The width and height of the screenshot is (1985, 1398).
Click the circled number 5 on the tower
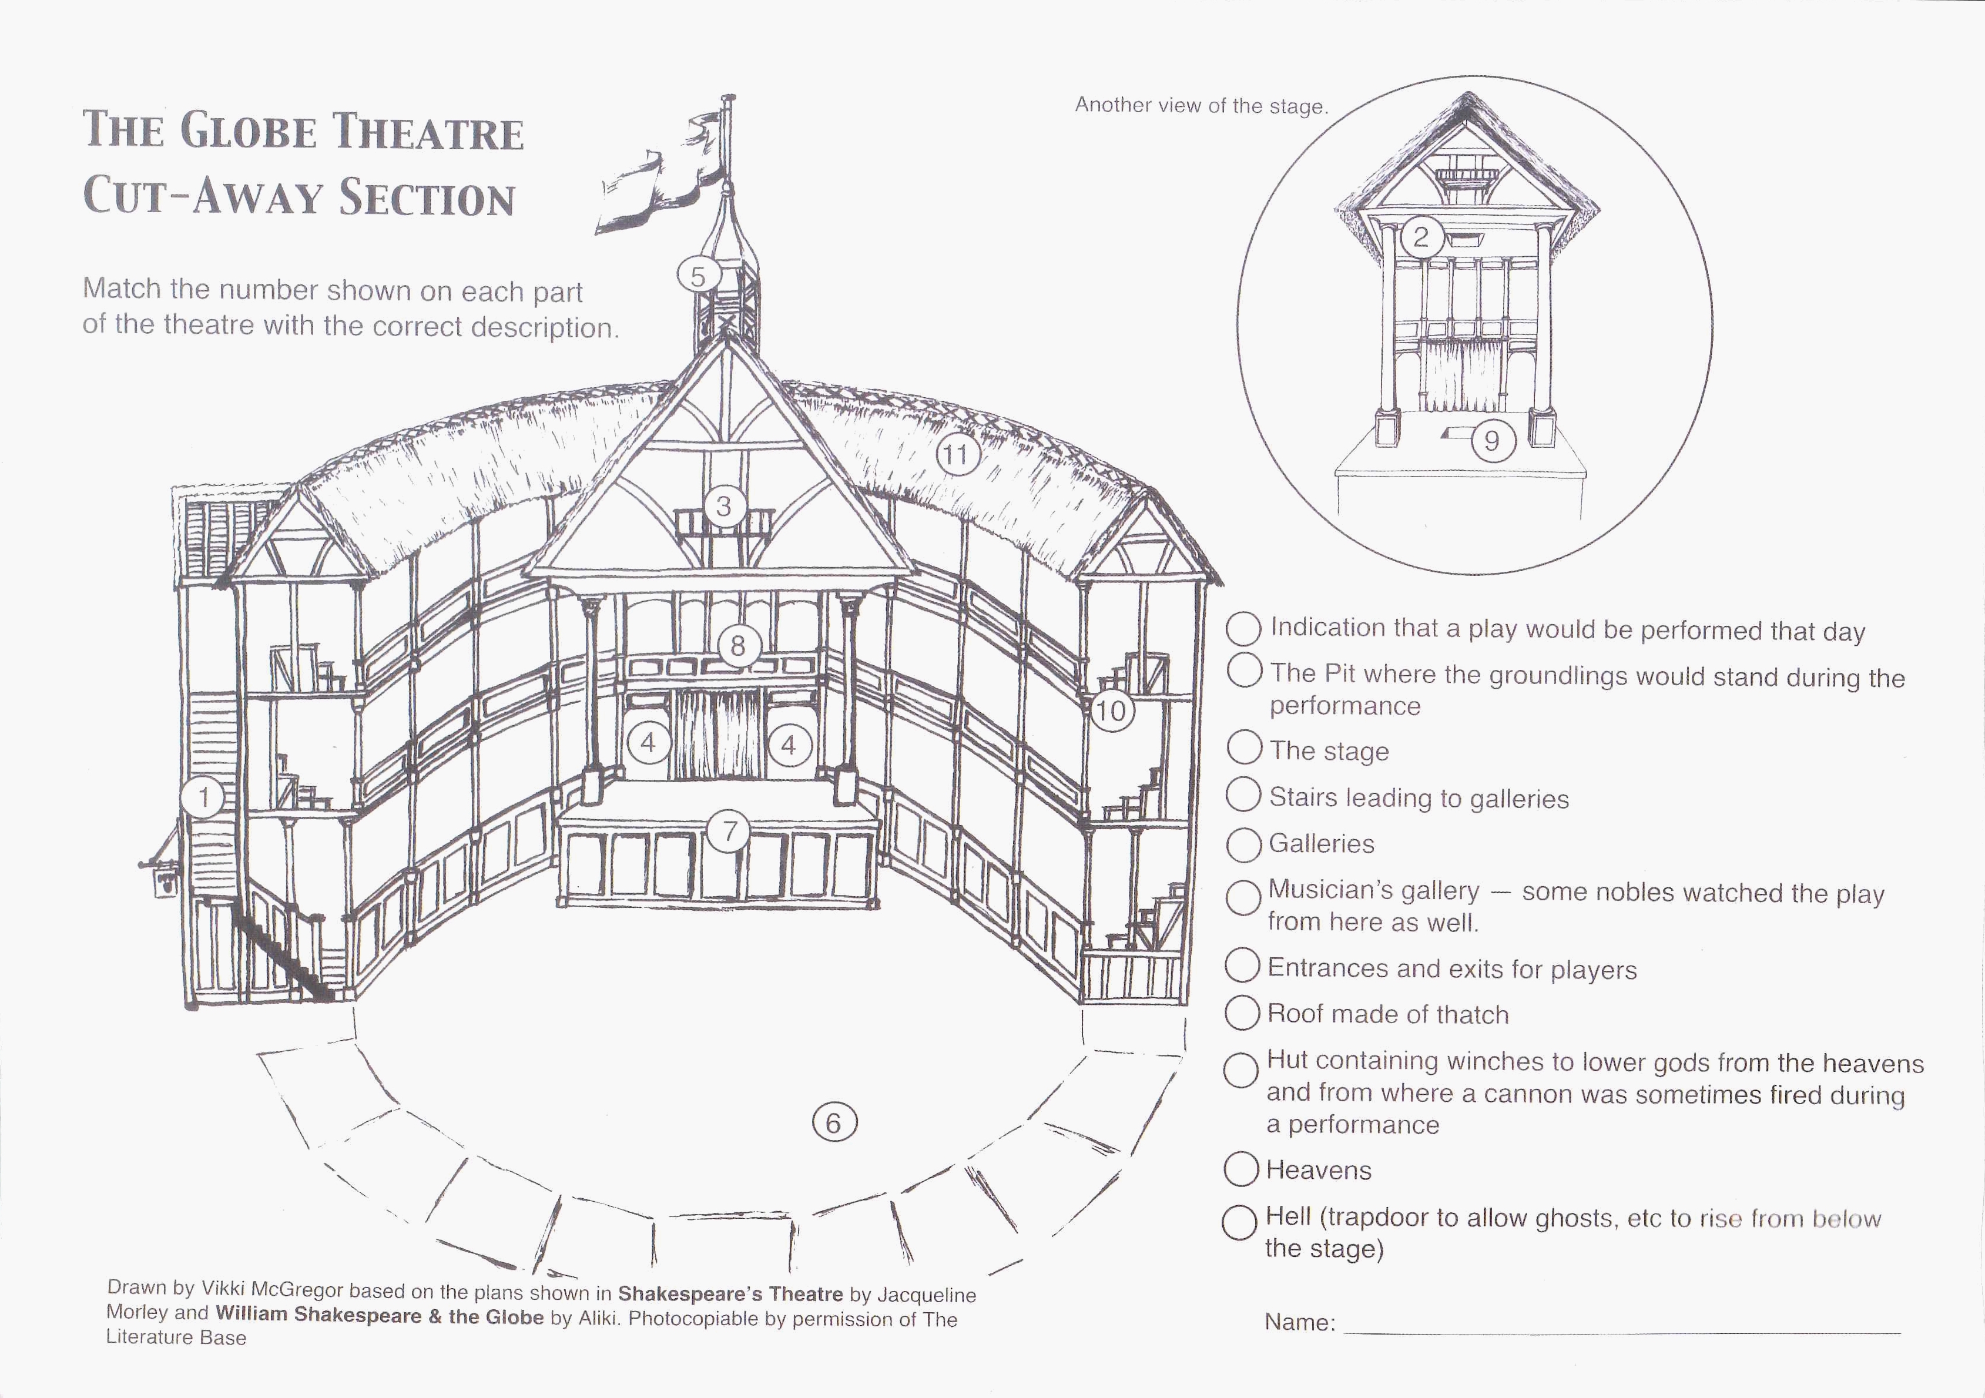[698, 277]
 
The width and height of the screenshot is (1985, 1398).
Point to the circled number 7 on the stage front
[730, 832]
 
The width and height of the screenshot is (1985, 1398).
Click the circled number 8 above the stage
[737, 646]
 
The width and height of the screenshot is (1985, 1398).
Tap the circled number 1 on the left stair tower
[204, 797]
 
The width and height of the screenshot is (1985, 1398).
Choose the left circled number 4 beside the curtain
[648, 743]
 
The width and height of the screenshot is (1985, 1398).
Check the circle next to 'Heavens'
[1240, 1170]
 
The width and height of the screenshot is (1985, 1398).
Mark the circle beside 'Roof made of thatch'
[1242, 1013]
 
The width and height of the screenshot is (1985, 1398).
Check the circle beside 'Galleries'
[1244, 844]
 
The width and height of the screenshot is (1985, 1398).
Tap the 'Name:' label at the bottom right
[1299, 1323]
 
